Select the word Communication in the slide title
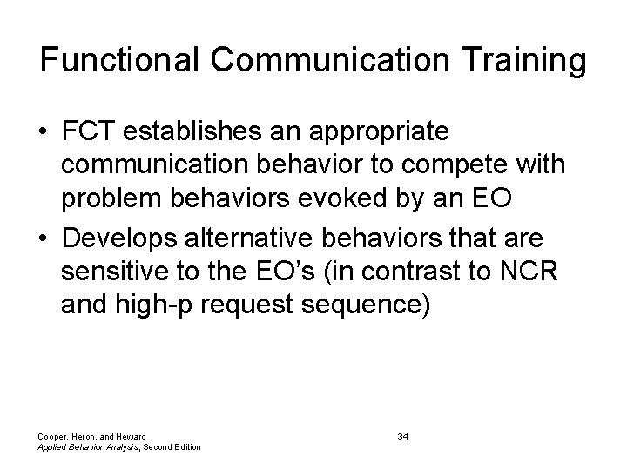coord(325,61)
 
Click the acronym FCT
coord(88,133)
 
